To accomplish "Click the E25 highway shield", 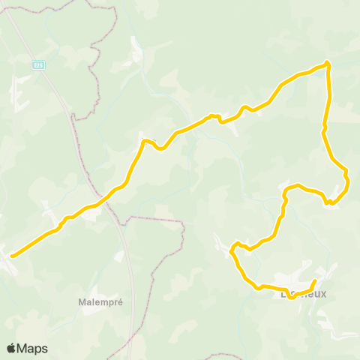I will (38, 65).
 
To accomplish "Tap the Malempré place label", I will (100, 301).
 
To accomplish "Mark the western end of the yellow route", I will (12, 256).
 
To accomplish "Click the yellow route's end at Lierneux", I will (314, 280).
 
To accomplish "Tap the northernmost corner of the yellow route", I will (328, 63).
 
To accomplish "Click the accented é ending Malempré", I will (120, 301).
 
